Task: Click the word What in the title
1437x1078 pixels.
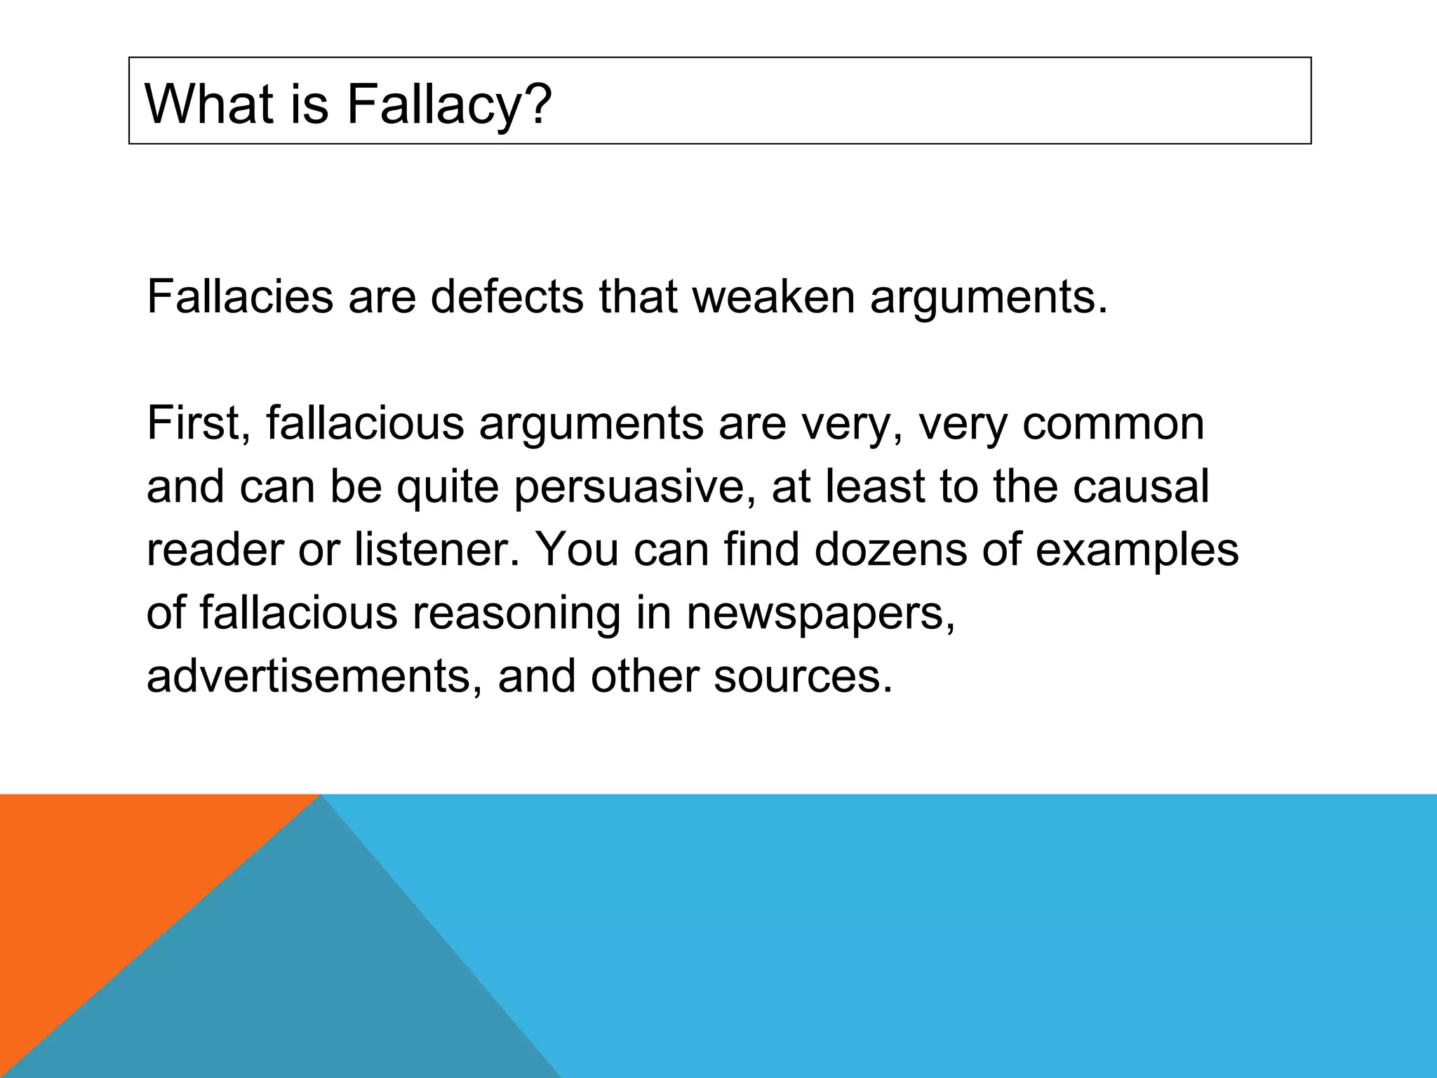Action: pos(202,104)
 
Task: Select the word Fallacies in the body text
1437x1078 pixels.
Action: pos(240,296)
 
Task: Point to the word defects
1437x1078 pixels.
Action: pos(507,296)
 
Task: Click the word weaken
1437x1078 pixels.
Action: pos(773,296)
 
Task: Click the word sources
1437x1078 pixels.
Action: pos(803,675)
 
